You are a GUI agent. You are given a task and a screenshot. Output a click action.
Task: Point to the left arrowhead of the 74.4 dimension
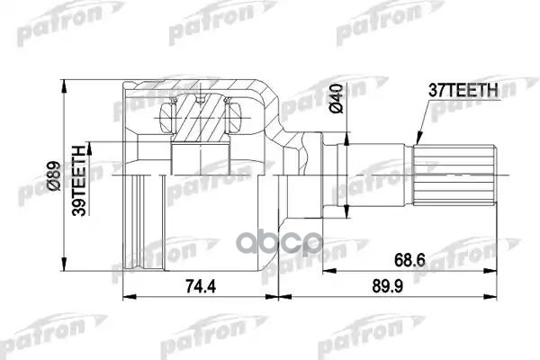[x=125, y=294]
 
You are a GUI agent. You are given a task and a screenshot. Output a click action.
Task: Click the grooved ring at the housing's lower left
[x=143, y=223]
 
